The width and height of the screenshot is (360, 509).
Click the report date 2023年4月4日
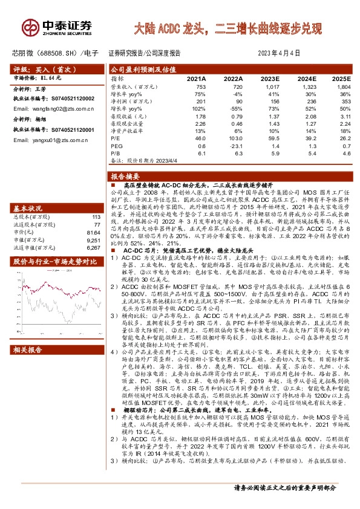[283, 53]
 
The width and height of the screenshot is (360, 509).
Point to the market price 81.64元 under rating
[51, 78]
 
